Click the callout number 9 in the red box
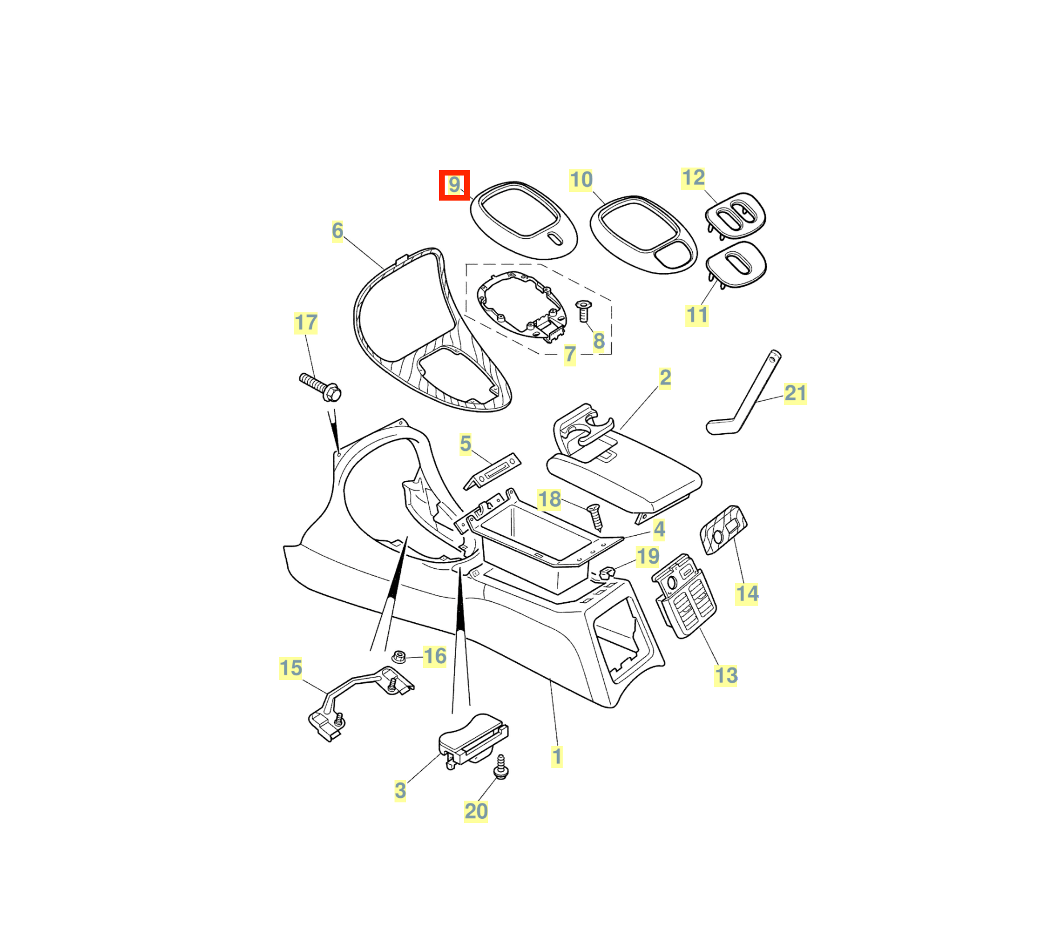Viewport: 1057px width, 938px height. pos(454,185)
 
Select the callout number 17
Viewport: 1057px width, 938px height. pos(306,323)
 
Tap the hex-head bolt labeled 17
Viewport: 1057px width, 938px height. pos(320,387)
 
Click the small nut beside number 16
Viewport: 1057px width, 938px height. pos(399,656)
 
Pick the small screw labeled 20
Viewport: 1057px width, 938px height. pos(501,767)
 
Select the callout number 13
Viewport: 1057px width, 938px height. pos(726,675)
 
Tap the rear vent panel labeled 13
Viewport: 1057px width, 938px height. pos(684,595)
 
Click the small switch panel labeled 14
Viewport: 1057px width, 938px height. pos(723,529)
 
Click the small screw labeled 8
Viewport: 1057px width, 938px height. pos(583,311)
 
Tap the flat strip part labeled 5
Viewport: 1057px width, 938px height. pos(492,470)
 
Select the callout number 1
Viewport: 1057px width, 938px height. pos(557,757)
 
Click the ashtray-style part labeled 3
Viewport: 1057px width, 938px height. pos(473,740)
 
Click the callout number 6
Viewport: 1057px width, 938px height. pos(338,231)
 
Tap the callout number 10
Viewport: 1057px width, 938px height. pos(581,180)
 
